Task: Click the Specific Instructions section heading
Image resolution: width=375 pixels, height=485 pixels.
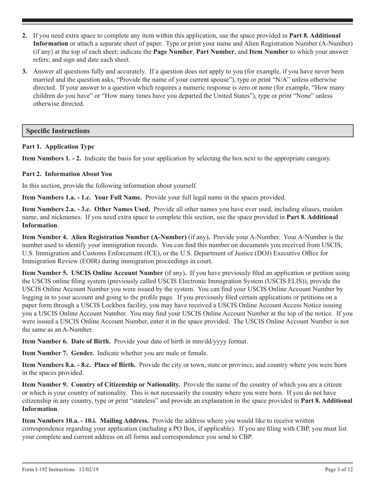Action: tap(58, 131)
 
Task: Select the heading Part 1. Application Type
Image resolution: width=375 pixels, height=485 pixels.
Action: tap(58, 147)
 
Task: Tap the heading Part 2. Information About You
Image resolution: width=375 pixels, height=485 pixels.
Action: tap(67, 174)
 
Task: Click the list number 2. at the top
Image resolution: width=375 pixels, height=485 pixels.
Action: tap(25, 36)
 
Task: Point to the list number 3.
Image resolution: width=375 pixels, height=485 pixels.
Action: tap(25, 72)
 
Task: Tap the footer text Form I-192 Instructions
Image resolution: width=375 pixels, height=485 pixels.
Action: tap(49, 469)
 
